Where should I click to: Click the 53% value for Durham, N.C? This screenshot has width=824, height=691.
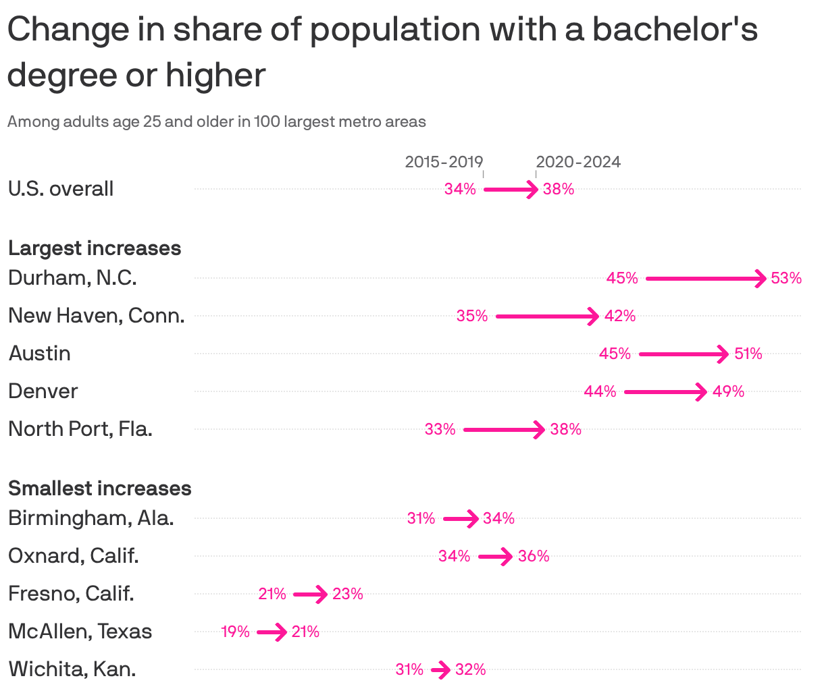pyautogui.click(x=786, y=278)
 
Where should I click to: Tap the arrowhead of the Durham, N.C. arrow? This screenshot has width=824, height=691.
pyautogui.click(x=762, y=278)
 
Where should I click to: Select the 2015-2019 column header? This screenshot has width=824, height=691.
pyautogui.click(x=444, y=162)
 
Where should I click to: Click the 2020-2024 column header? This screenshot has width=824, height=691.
pyautogui.click(x=578, y=162)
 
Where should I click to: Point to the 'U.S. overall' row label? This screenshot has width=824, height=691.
pyautogui.click(x=61, y=189)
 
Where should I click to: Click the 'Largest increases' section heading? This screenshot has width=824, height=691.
pyautogui.click(x=95, y=248)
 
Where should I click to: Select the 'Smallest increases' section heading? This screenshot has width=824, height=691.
pyautogui.click(x=100, y=489)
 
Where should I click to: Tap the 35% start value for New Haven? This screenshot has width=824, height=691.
pyautogui.click(x=471, y=316)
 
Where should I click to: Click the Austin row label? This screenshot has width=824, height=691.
pyautogui.click(x=39, y=354)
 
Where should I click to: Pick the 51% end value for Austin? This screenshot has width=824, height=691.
pyautogui.click(x=748, y=354)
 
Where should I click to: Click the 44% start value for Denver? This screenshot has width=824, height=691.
pyautogui.click(x=600, y=391)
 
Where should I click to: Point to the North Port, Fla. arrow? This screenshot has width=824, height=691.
pyautogui.click(x=503, y=429)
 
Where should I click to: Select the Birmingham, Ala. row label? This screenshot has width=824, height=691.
pyautogui.click(x=91, y=518)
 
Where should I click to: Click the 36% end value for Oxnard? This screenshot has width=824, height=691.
pyautogui.click(x=534, y=556)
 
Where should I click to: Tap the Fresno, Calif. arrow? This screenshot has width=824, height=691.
pyautogui.click(x=310, y=595)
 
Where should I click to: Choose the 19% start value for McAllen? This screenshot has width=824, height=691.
pyautogui.click(x=235, y=632)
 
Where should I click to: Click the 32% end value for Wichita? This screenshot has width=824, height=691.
pyautogui.click(x=470, y=669)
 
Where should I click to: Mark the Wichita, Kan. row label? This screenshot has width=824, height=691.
pyautogui.click(x=72, y=669)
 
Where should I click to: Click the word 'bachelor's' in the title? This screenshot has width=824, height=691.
pyautogui.click(x=675, y=30)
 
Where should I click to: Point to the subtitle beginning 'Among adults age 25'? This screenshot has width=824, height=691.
pyautogui.click(x=217, y=122)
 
